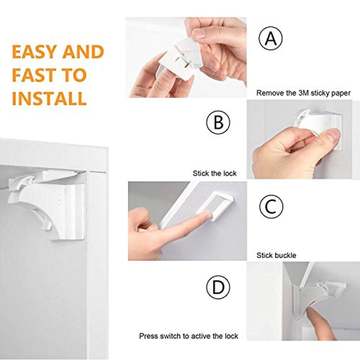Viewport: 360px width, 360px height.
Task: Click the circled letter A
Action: [x=271, y=38]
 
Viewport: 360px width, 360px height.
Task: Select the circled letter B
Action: [x=218, y=122]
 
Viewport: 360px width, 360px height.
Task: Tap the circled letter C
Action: [x=271, y=206]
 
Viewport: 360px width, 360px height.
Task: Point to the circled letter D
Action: [x=218, y=287]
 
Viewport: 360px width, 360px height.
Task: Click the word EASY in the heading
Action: [x=35, y=51]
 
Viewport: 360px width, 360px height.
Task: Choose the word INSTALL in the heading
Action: [x=49, y=98]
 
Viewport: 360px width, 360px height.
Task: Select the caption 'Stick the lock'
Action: [x=215, y=173]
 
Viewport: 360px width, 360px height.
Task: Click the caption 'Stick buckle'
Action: [x=276, y=255]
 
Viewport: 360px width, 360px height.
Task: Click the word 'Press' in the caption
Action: [x=148, y=336]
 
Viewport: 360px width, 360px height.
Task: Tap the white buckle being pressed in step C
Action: [x=216, y=205]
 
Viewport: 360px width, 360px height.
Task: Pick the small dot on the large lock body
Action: [x=60, y=202]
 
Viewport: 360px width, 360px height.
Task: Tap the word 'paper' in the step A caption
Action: [x=341, y=94]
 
